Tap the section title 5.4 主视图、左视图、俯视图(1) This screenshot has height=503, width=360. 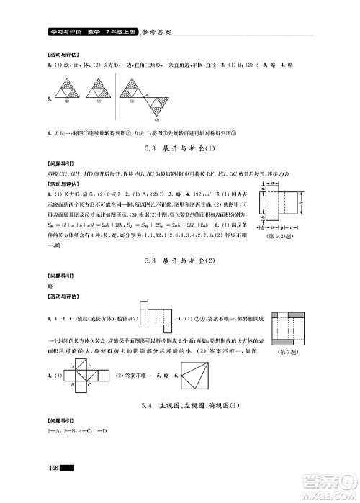[179, 408]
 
